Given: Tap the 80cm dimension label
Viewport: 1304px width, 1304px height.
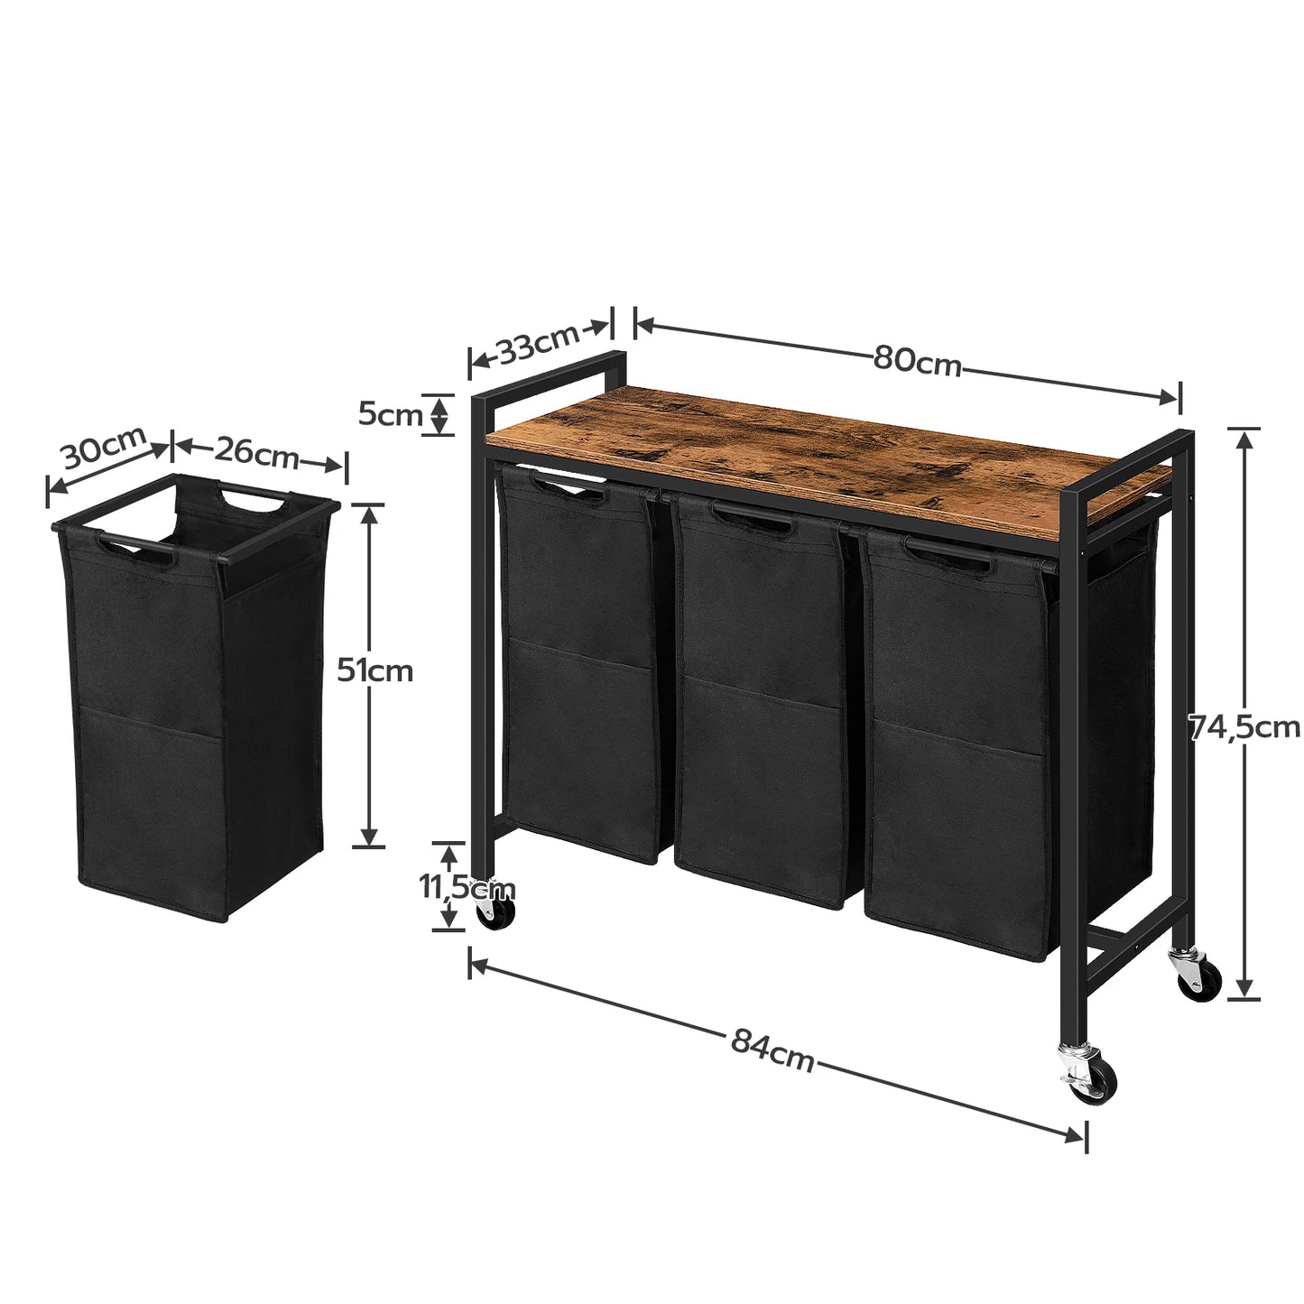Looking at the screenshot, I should click(x=917, y=361).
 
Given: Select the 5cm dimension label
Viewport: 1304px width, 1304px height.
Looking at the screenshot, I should click(x=390, y=415).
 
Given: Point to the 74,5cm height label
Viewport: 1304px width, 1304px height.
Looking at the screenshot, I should click(x=1243, y=726).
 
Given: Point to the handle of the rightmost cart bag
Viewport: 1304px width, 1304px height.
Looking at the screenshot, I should click(x=948, y=554).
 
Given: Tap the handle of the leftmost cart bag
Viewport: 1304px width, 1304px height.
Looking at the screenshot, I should click(x=560, y=487).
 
